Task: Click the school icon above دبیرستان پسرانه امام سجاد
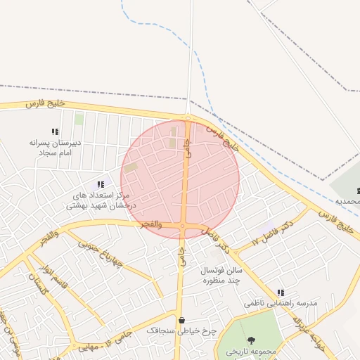click(55, 131)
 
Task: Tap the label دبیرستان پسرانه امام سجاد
click(56, 147)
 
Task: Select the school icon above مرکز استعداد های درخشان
click(101, 184)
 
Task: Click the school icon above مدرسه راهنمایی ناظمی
click(281, 292)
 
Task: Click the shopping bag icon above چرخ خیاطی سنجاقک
click(181, 320)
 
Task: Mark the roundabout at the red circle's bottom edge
click(183, 226)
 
